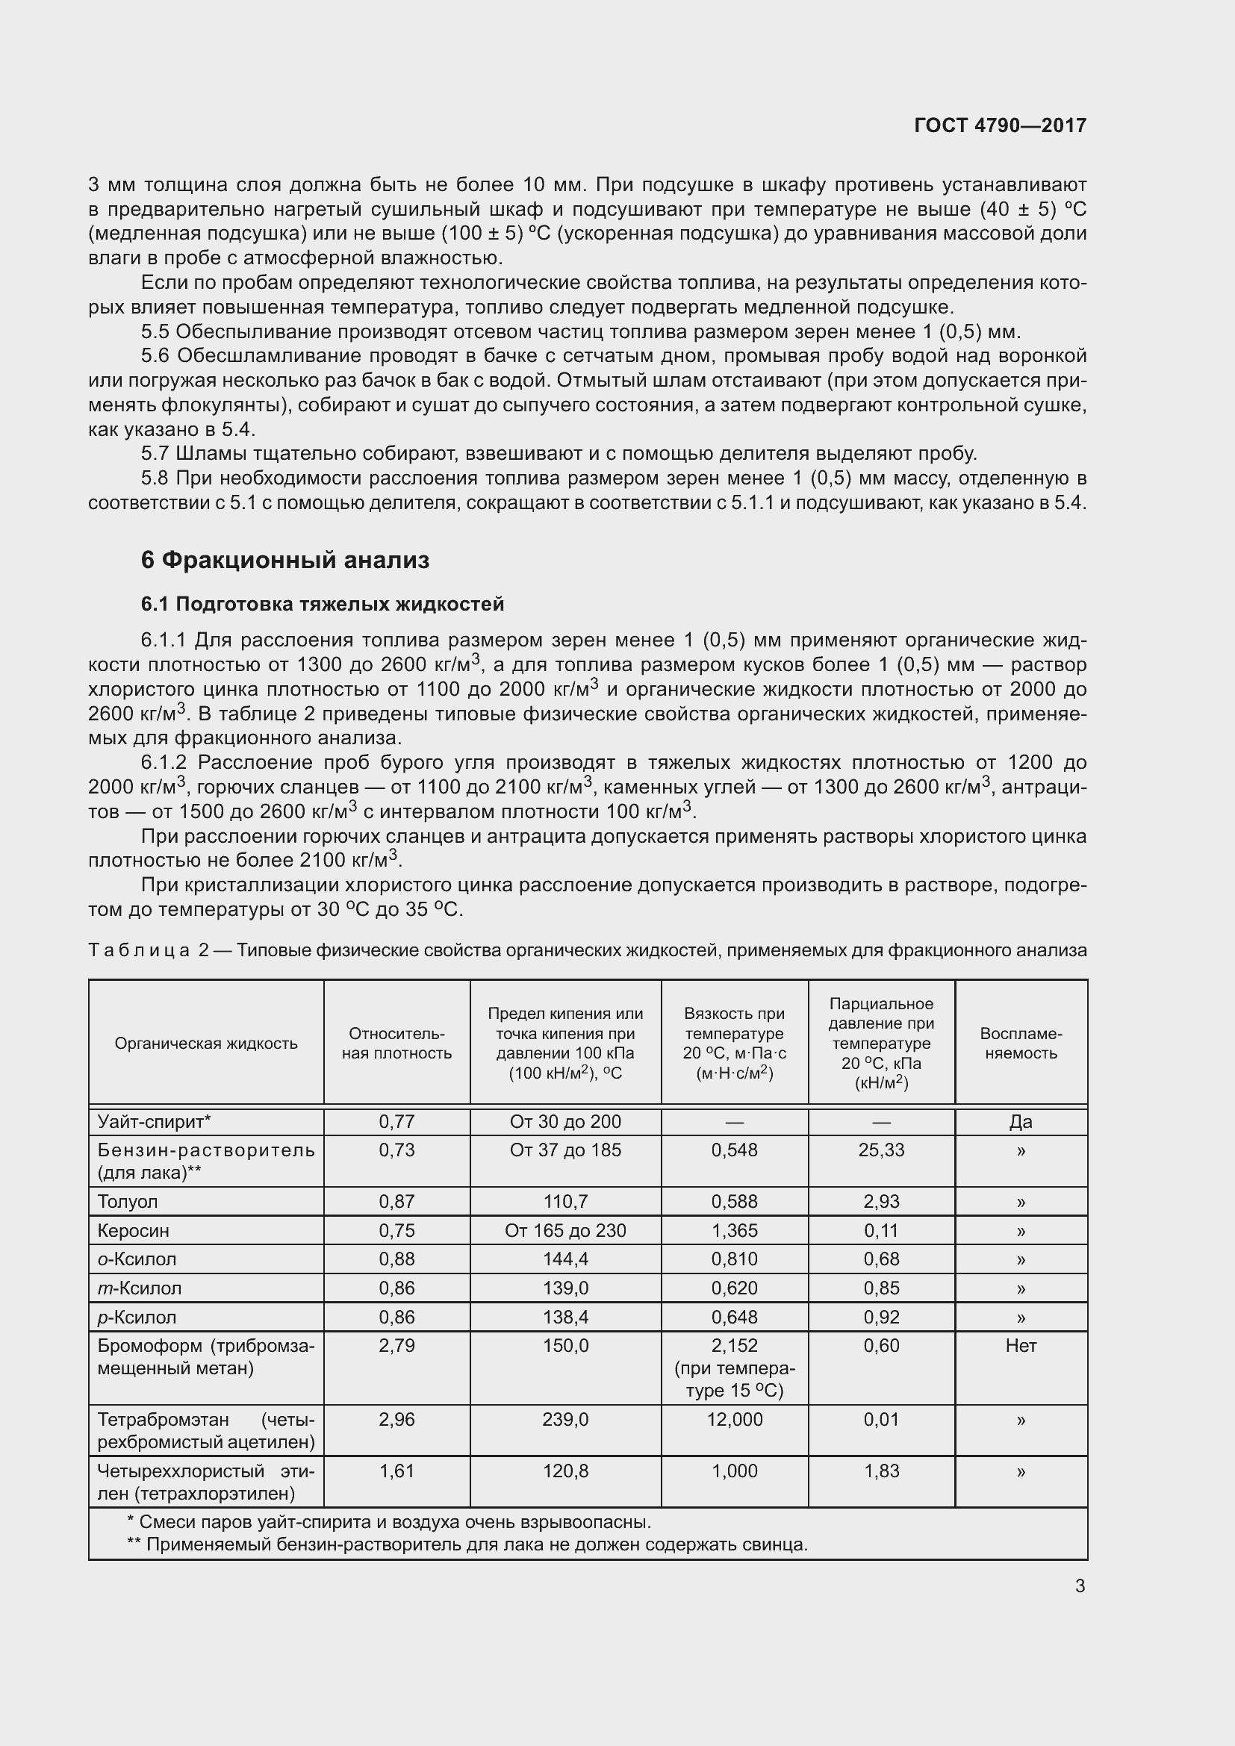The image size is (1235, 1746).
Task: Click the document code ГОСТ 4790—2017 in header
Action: (1000, 125)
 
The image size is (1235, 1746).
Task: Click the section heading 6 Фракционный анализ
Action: (285, 561)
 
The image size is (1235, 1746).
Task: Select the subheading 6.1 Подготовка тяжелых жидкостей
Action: (323, 605)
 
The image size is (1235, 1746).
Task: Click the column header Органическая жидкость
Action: (206, 1044)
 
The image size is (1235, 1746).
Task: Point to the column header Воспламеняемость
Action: (1021, 1044)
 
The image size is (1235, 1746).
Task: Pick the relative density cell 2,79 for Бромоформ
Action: (397, 1345)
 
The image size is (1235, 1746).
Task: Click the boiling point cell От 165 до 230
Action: (565, 1230)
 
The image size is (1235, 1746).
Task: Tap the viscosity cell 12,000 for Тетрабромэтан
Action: (734, 1419)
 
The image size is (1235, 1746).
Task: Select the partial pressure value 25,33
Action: (881, 1150)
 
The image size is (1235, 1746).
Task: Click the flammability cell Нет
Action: (1021, 1345)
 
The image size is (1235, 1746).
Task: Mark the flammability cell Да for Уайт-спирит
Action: (1021, 1122)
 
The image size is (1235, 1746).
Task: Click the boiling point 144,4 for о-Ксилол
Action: (565, 1259)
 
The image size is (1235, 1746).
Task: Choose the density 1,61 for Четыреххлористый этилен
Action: (397, 1471)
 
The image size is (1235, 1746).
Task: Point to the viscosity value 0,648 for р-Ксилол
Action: (734, 1317)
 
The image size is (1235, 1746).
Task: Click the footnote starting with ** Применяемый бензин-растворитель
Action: (466, 1544)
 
